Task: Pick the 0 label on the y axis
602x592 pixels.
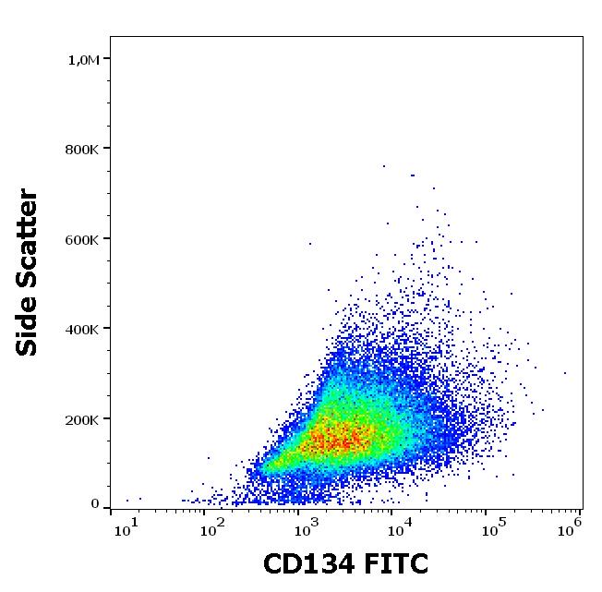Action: tap(94, 504)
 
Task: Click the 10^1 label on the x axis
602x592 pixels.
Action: tap(125, 529)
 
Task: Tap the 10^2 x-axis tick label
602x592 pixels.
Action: tap(214, 529)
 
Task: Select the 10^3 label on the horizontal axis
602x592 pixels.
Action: tap(305, 529)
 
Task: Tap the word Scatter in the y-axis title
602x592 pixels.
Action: tap(29, 236)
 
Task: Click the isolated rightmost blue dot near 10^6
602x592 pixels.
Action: tap(564, 373)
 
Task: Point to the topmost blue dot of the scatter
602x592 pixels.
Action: tap(384, 166)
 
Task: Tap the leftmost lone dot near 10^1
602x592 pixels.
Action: tap(127, 500)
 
